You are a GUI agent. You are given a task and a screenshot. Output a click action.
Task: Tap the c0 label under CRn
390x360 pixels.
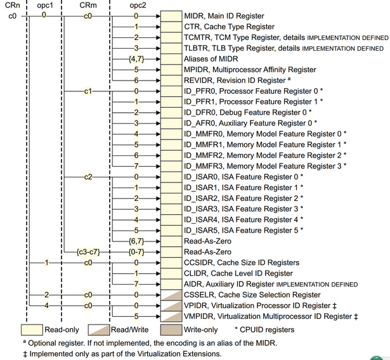point(11,15)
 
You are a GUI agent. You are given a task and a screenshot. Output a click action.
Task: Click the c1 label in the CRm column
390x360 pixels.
point(88,91)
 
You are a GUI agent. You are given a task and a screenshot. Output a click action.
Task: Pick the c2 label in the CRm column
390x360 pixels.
point(88,176)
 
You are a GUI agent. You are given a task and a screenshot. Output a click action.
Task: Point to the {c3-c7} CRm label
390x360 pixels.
point(88,252)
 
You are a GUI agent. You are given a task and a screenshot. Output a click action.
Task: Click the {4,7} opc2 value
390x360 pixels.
point(135,58)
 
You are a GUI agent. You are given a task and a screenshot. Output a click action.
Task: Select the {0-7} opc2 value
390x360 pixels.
point(135,252)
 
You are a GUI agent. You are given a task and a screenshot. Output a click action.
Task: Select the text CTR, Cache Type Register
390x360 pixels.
point(229,26)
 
